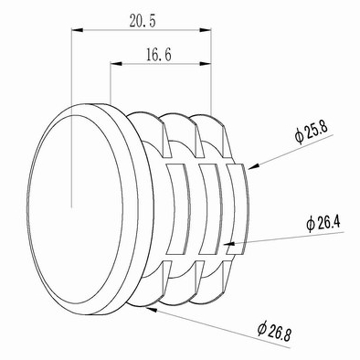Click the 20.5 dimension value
[x=143, y=21]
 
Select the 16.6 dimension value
[x=159, y=55]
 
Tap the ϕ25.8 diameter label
[x=311, y=133]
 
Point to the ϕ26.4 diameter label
[x=323, y=224]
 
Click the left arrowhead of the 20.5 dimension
[x=77, y=30]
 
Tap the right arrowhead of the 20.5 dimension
[x=206, y=30]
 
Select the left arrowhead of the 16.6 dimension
[x=116, y=64]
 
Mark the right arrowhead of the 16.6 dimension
[x=206, y=64]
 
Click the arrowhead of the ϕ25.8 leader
[x=253, y=166]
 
